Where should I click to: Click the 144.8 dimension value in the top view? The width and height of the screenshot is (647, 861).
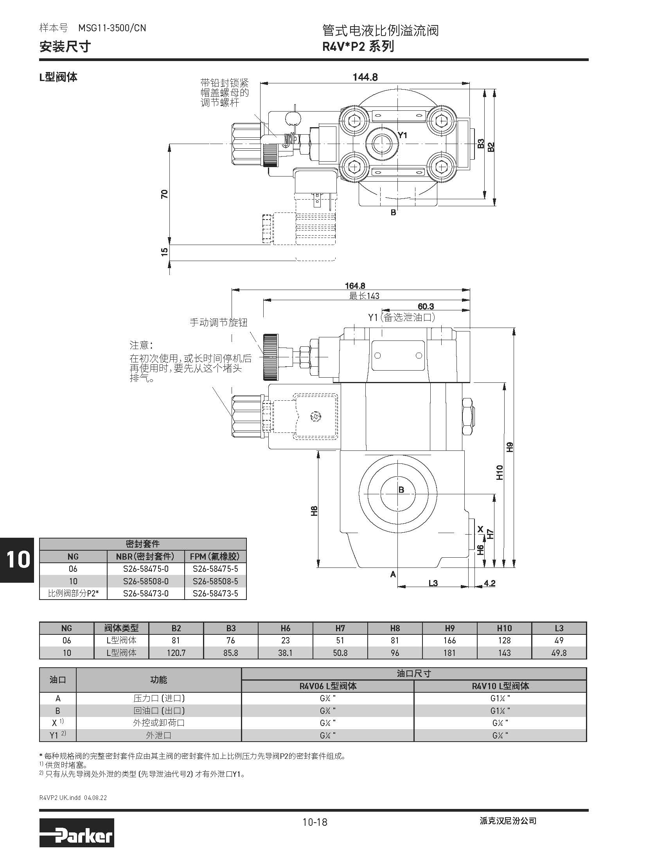coord(365,77)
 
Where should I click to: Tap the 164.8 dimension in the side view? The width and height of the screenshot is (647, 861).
coord(355,286)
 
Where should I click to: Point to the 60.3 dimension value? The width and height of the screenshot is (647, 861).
coord(426,306)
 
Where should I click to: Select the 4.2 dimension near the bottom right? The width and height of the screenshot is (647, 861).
coord(489,584)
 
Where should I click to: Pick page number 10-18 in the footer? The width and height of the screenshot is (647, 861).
coord(315,822)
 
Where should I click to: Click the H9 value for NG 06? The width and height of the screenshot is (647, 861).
coord(449,641)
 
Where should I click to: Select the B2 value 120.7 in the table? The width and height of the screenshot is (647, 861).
coord(176,653)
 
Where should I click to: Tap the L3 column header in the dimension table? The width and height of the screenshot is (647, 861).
coord(559,628)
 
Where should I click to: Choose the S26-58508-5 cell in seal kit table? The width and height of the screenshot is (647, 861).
coord(215,581)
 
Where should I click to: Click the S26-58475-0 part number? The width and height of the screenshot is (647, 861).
coord(146,569)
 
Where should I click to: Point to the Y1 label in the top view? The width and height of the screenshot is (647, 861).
coord(403,135)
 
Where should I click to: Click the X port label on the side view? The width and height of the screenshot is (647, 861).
coord(481,530)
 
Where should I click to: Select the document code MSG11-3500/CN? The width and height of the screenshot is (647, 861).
coord(112,28)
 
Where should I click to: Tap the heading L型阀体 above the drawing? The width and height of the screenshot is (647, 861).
coord(59,77)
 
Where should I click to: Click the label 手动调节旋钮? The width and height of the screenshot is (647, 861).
coord(219,322)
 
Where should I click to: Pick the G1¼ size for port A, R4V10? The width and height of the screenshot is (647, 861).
coord(500,698)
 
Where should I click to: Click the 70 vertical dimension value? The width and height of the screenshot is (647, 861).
coord(165,194)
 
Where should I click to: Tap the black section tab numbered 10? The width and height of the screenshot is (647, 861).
coord(18,560)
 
